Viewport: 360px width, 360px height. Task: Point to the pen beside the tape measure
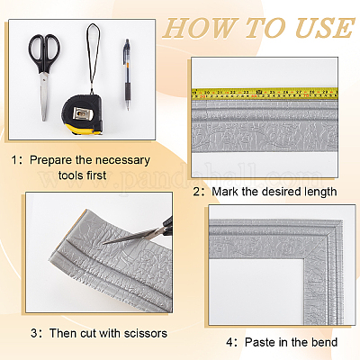coord(127,75)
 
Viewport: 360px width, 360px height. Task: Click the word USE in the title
coord(325,29)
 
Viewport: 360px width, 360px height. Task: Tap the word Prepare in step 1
coord(50,160)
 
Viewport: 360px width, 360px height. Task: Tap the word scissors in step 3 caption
coord(146,333)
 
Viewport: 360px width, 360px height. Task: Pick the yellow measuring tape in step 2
coord(265,94)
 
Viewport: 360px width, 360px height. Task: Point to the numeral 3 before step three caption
coord(34,334)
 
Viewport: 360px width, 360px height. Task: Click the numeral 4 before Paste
coord(229,342)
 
